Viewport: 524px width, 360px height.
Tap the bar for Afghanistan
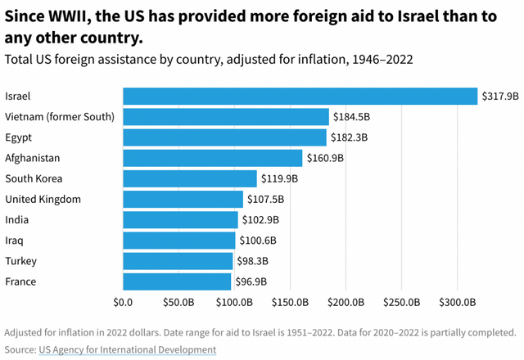tap(212, 158)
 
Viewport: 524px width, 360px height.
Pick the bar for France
tap(177, 282)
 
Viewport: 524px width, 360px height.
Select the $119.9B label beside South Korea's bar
tap(280, 178)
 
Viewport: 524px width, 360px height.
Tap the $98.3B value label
tap(254, 261)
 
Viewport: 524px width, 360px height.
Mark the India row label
tap(16, 220)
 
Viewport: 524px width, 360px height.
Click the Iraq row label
tap(15, 241)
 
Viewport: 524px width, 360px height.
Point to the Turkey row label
tap(20, 261)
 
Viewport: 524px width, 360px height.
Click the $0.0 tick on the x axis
tap(124, 303)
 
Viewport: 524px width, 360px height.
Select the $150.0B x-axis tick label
tap(290, 303)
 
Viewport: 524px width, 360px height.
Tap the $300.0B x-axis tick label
tap(456, 303)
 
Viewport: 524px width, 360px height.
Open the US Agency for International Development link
tap(127, 349)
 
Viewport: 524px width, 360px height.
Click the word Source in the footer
tap(20, 349)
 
